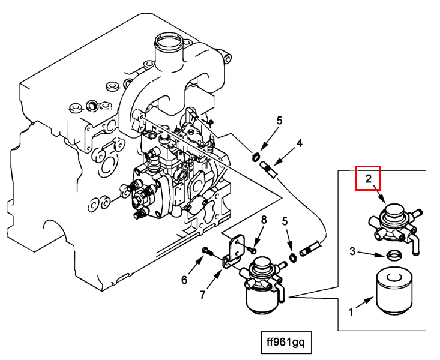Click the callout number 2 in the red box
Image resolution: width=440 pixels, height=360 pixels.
368,178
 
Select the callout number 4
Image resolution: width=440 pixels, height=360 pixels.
299,144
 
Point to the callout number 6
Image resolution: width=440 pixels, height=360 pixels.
185,279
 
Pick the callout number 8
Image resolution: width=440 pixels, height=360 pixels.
263,220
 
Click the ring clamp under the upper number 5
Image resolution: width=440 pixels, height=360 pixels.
256,158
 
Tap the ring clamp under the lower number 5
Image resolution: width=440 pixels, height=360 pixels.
293,258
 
